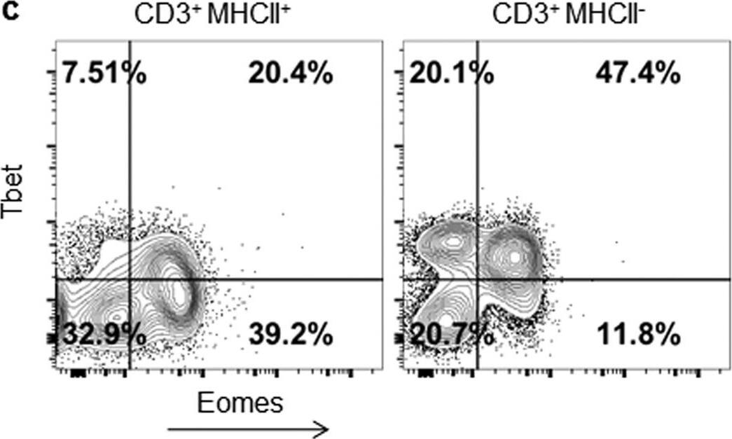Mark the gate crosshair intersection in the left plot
[x=130, y=279]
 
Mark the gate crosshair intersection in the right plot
[x=478, y=279]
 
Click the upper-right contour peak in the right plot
[x=516, y=256]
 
